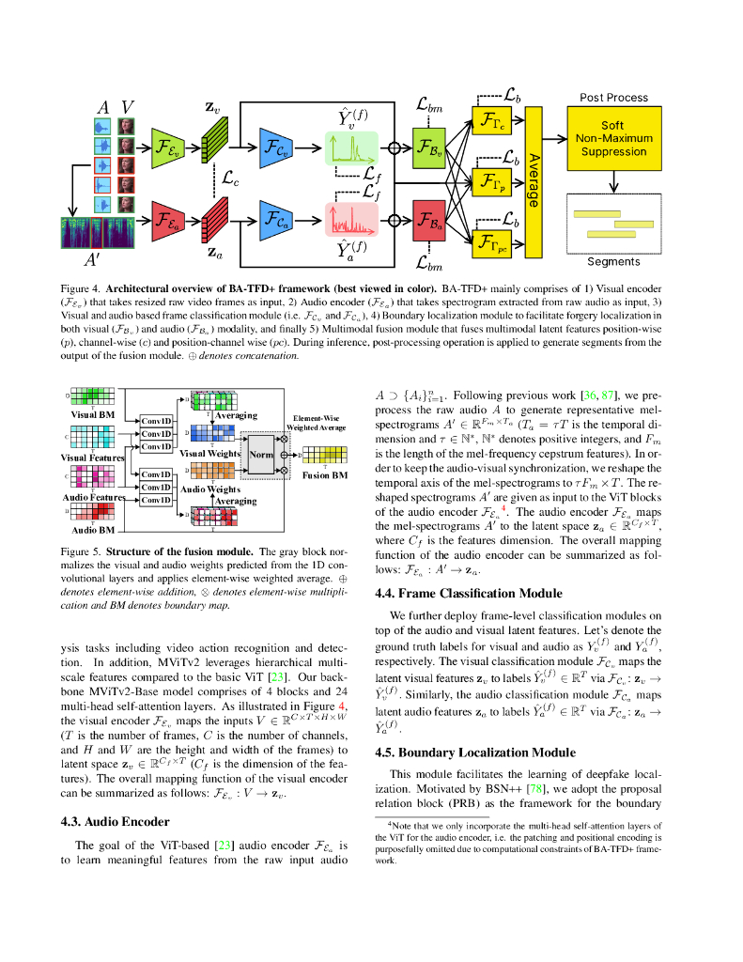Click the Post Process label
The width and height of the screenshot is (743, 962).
pos(613,98)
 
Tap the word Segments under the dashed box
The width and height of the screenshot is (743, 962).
pos(613,262)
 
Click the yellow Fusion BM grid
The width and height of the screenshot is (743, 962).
pos(325,454)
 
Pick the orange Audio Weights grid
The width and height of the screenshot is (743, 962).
pos(214,471)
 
